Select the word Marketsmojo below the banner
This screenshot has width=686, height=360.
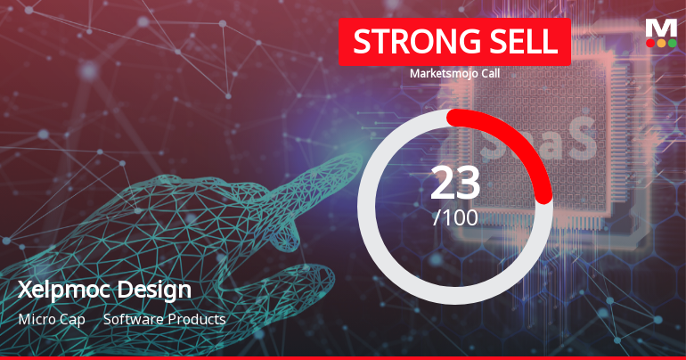tap(438, 73)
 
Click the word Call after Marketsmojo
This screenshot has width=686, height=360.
tap(486, 73)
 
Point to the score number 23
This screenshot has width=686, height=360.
tap(455, 183)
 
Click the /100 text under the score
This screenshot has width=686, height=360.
tap(455, 217)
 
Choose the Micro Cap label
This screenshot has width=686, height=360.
tap(51, 319)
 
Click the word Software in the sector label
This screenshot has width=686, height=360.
tap(132, 319)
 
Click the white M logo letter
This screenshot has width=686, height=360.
tap(661, 28)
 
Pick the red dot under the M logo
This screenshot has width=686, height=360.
tap(650, 42)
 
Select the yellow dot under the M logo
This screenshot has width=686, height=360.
tap(661, 42)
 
